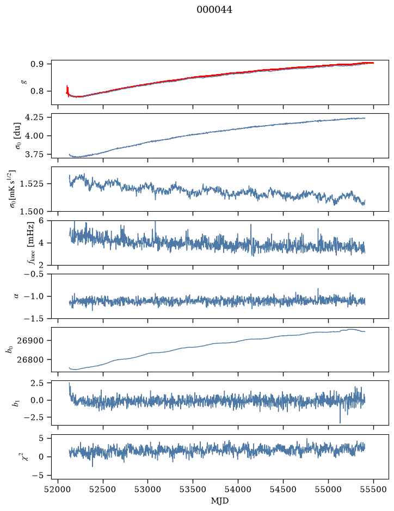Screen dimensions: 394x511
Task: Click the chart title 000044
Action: (x=214, y=10)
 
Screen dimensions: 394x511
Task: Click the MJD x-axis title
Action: (x=220, y=501)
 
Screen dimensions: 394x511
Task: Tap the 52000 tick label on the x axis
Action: (x=58, y=489)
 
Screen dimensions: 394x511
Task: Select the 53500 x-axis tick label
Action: (x=193, y=489)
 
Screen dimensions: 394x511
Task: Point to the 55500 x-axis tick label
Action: (x=373, y=489)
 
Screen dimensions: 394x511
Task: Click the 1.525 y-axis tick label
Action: (x=31, y=184)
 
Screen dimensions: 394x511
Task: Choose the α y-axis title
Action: (x=16, y=296)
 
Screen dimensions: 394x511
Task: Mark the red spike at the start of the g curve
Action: (x=67, y=91)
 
